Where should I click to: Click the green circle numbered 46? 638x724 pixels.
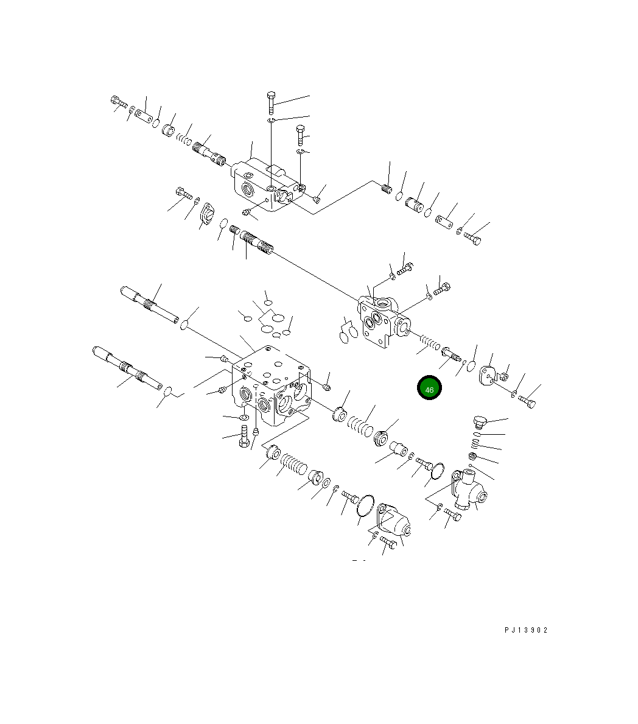tap(429, 388)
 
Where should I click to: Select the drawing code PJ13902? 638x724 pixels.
tap(526, 630)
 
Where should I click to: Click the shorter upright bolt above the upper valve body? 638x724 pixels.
tap(301, 135)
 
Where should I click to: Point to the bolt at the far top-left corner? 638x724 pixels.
tap(119, 102)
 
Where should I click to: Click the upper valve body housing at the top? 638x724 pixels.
tap(268, 185)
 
